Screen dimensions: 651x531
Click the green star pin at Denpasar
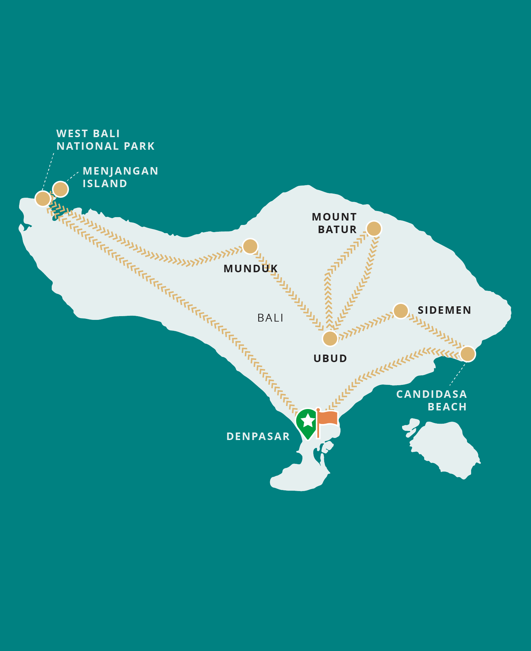click(308, 422)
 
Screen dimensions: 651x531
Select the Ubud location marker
click(330, 339)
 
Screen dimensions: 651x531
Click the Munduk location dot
click(250, 246)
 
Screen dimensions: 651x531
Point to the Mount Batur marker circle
click(374, 229)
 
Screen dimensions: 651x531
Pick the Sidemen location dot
click(401, 311)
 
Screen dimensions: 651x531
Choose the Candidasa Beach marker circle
click(468, 354)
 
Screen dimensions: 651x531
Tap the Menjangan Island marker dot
click(61, 189)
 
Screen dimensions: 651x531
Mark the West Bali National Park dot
click(43, 199)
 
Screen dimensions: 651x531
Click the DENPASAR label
click(258, 436)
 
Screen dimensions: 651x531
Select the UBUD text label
click(330, 358)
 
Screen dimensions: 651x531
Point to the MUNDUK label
click(251, 268)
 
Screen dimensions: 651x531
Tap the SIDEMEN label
click(444, 310)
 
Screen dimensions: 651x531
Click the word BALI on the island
click(270, 318)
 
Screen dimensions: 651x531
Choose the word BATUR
click(337, 230)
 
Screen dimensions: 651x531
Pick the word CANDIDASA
click(431, 394)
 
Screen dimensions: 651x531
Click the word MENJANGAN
click(120, 171)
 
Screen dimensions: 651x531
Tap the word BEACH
click(447, 407)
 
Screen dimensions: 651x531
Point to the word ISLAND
click(105, 183)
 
